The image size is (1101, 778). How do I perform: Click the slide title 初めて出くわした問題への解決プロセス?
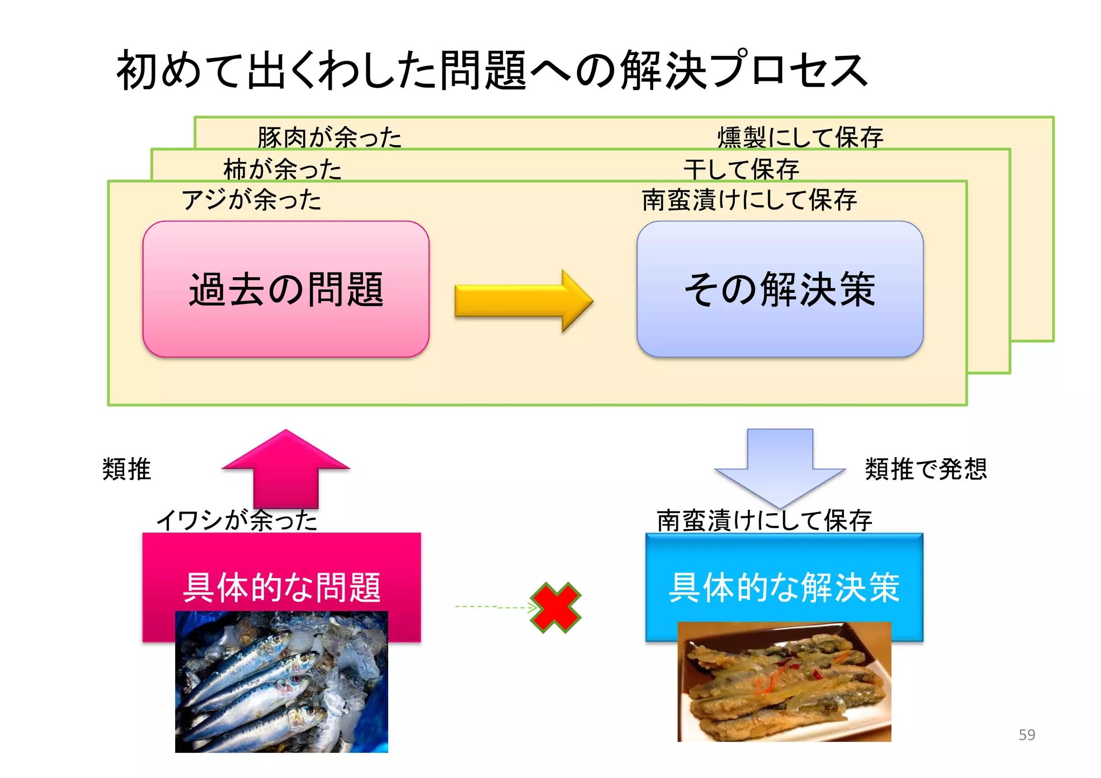(x=492, y=70)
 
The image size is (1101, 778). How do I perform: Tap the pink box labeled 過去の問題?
(x=285, y=289)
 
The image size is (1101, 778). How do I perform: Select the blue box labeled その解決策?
(x=780, y=289)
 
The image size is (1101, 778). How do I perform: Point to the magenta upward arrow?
(x=285, y=467)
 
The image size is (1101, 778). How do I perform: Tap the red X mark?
(x=556, y=608)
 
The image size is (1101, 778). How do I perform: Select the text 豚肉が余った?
(x=329, y=137)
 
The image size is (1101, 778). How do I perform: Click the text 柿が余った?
(x=282, y=169)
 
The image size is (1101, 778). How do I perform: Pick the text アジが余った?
(x=251, y=200)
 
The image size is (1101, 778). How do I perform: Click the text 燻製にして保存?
(x=800, y=137)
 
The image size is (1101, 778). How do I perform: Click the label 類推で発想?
(x=925, y=469)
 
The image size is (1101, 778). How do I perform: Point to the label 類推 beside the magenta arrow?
(x=126, y=469)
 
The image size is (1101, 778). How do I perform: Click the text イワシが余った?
(x=237, y=520)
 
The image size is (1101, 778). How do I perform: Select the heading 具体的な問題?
(x=282, y=587)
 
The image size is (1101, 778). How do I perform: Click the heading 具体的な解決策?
(x=784, y=587)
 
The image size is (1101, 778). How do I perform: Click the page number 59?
(x=1026, y=734)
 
